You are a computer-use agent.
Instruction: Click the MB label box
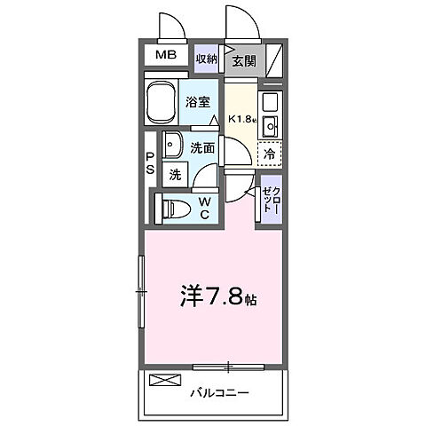point(166,56)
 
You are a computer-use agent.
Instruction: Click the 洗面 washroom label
point(203,148)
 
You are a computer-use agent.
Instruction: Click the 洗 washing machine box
point(175,175)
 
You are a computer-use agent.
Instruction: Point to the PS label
point(151,164)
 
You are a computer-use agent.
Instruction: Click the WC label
point(203,208)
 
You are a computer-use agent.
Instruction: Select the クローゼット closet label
point(269,201)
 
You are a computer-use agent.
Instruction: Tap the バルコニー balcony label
point(219,390)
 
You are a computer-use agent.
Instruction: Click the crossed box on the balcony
point(163,382)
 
